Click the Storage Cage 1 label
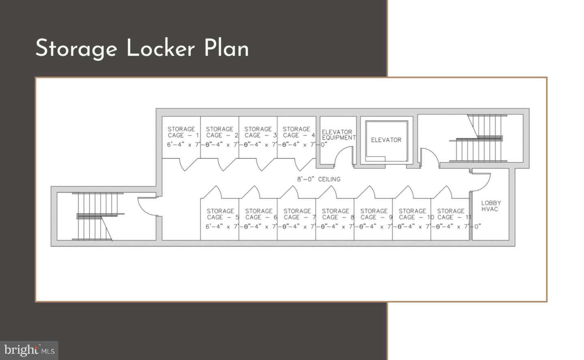[x=182, y=132]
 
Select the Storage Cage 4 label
[x=297, y=132]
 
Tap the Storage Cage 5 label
[x=221, y=214]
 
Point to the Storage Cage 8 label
[x=337, y=214]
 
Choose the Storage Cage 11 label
[x=452, y=214]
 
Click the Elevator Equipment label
[x=338, y=135]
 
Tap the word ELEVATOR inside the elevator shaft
[x=386, y=140]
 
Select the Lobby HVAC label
[x=491, y=206]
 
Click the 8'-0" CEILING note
[x=319, y=179]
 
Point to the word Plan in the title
[x=226, y=48]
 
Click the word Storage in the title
[x=76, y=49]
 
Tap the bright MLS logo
[x=29, y=350]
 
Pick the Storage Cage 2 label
[x=221, y=132]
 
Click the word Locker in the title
[x=161, y=48]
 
